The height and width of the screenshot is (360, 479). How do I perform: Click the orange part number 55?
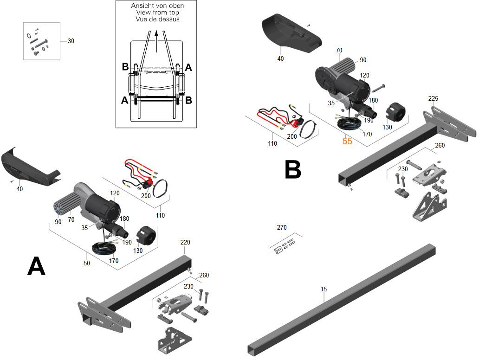coord(347,141)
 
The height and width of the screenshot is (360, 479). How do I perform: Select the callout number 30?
coord(71,41)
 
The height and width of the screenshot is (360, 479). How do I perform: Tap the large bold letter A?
coord(36,266)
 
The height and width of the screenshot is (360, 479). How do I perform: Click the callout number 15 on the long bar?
coord(324,289)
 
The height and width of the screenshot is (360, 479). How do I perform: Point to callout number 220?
coord(185,242)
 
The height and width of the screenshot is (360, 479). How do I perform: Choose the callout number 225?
coord(433,98)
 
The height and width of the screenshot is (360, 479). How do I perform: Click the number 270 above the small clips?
coord(282,227)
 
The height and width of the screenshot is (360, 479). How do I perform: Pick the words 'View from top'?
coord(156,13)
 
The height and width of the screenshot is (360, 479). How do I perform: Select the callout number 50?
coord(87,263)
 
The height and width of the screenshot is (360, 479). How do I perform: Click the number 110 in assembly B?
coord(272,143)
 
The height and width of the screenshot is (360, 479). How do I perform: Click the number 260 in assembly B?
coord(440,145)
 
